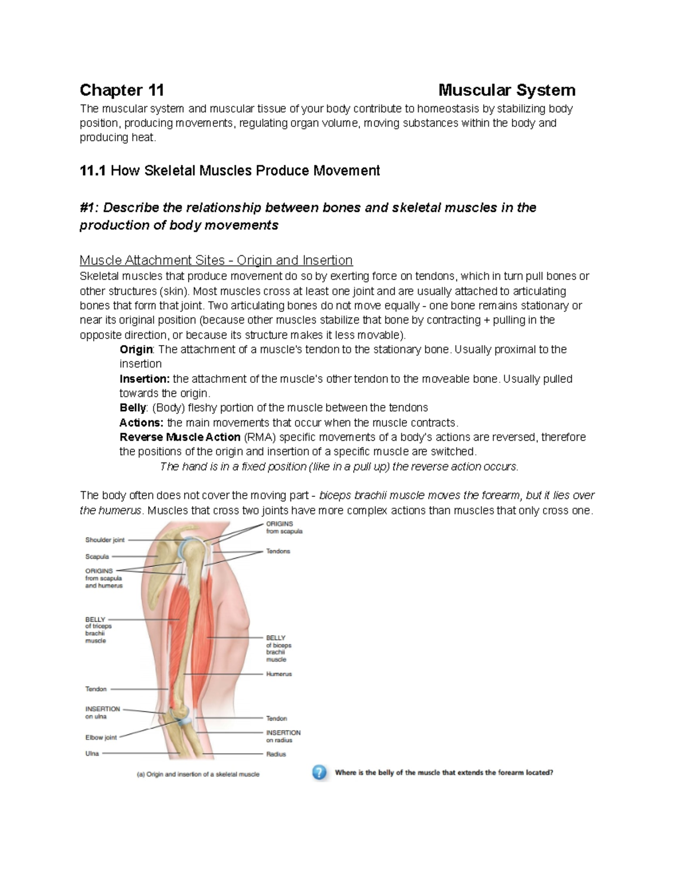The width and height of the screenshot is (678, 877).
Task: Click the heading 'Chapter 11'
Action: (x=121, y=90)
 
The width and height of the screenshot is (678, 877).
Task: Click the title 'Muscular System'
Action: (x=507, y=90)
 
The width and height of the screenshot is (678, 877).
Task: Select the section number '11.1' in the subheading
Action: (x=93, y=171)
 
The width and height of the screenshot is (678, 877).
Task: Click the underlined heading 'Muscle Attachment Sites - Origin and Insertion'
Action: (x=216, y=260)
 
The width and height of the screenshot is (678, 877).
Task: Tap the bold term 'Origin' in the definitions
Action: (x=136, y=350)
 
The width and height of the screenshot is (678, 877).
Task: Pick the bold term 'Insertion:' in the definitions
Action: (x=144, y=379)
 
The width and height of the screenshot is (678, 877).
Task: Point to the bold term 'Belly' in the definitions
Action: (x=133, y=408)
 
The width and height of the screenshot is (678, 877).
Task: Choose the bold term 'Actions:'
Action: (x=141, y=422)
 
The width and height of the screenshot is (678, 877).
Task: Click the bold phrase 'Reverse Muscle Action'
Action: (x=180, y=437)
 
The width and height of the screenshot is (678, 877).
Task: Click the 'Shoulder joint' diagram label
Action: (x=105, y=540)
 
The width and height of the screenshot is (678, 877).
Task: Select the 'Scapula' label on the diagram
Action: (x=97, y=557)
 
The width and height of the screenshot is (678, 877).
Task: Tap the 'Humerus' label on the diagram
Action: (x=279, y=674)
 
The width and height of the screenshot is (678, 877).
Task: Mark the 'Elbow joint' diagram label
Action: (x=101, y=738)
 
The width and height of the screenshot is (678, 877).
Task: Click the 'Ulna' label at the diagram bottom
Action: (x=92, y=753)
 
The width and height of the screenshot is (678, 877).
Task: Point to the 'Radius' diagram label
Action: (x=276, y=754)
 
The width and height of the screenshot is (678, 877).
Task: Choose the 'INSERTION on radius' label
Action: (x=283, y=736)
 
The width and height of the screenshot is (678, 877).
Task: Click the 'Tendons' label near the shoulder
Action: (x=278, y=551)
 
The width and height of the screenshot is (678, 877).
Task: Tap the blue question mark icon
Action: (x=319, y=773)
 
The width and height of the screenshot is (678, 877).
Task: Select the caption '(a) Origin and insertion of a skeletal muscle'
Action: (x=198, y=774)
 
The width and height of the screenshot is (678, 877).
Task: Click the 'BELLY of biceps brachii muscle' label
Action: (x=279, y=648)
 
